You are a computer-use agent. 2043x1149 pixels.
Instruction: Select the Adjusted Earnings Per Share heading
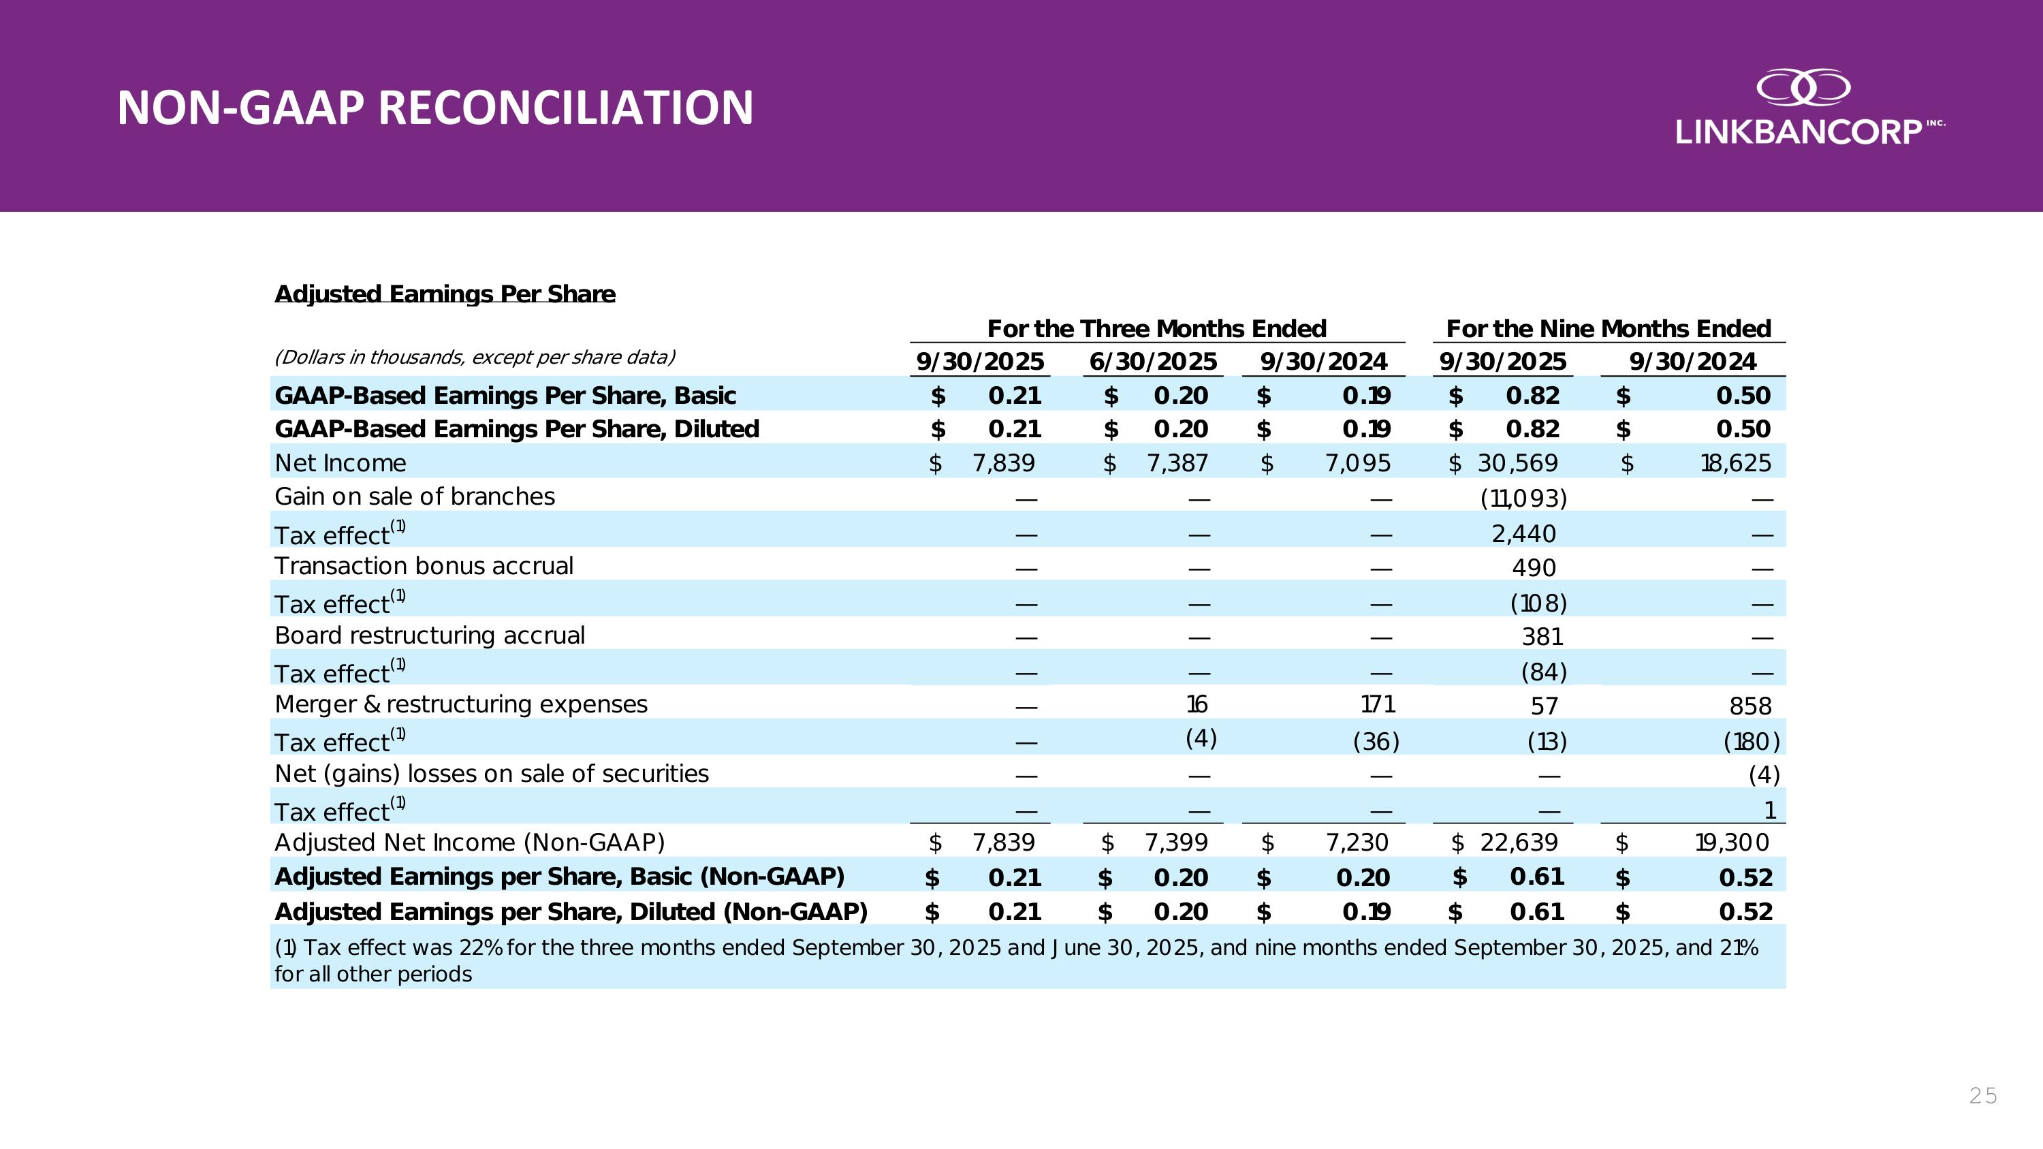(444, 294)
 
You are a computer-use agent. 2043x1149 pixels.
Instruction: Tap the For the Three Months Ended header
(1156, 328)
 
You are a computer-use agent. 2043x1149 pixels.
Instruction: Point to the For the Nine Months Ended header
(1608, 328)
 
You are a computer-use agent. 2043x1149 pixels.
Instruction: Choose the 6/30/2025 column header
(1152, 362)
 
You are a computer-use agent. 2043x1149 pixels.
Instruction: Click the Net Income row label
(340, 463)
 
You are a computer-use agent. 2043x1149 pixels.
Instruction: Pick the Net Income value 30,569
(1517, 463)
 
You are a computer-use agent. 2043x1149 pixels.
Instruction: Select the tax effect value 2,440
(1523, 534)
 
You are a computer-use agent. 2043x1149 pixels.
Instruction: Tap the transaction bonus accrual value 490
(1534, 568)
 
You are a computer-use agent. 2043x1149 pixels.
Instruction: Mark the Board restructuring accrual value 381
(1542, 637)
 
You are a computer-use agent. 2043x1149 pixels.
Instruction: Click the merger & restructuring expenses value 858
(1749, 706)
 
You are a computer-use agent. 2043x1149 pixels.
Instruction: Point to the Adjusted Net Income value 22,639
(1519, 842)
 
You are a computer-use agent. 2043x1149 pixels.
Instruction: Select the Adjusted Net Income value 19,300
(1731, 842)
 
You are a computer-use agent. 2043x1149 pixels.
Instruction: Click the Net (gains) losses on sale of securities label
(492, 774)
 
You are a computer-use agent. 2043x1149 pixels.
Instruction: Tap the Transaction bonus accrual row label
(424, 566)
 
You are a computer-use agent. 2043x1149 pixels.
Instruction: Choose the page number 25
(1982, 1096)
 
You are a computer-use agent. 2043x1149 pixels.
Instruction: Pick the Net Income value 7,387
(1177, 463)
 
